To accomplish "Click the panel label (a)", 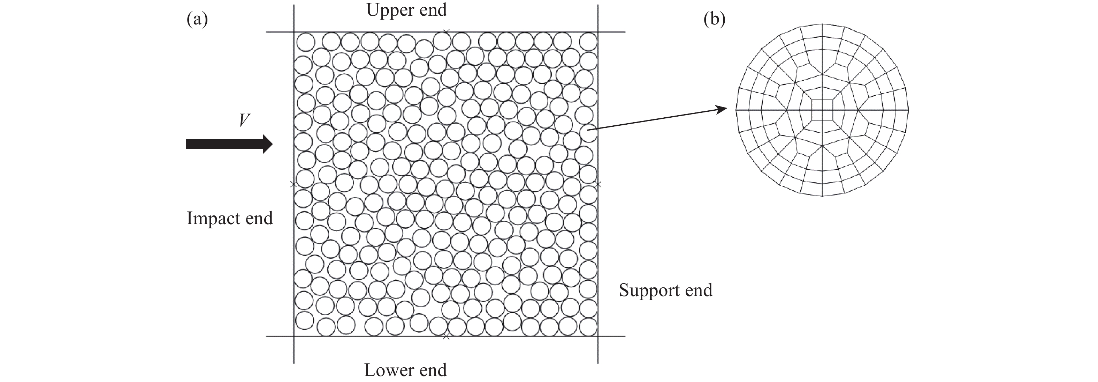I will (197, 20).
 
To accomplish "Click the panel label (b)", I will (714, 20).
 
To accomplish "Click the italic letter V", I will (244, 120).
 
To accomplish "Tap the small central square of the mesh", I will (822, 110).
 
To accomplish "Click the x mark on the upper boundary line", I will (446, 31).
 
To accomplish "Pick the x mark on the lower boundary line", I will (446, 337).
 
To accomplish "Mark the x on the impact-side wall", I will (293, 184).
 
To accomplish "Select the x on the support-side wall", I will (598, 184).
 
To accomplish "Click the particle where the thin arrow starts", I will (588, 134).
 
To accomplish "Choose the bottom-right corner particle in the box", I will (588, 327).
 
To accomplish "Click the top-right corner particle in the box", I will (588, 42).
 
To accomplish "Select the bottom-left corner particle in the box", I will (304, 321).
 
